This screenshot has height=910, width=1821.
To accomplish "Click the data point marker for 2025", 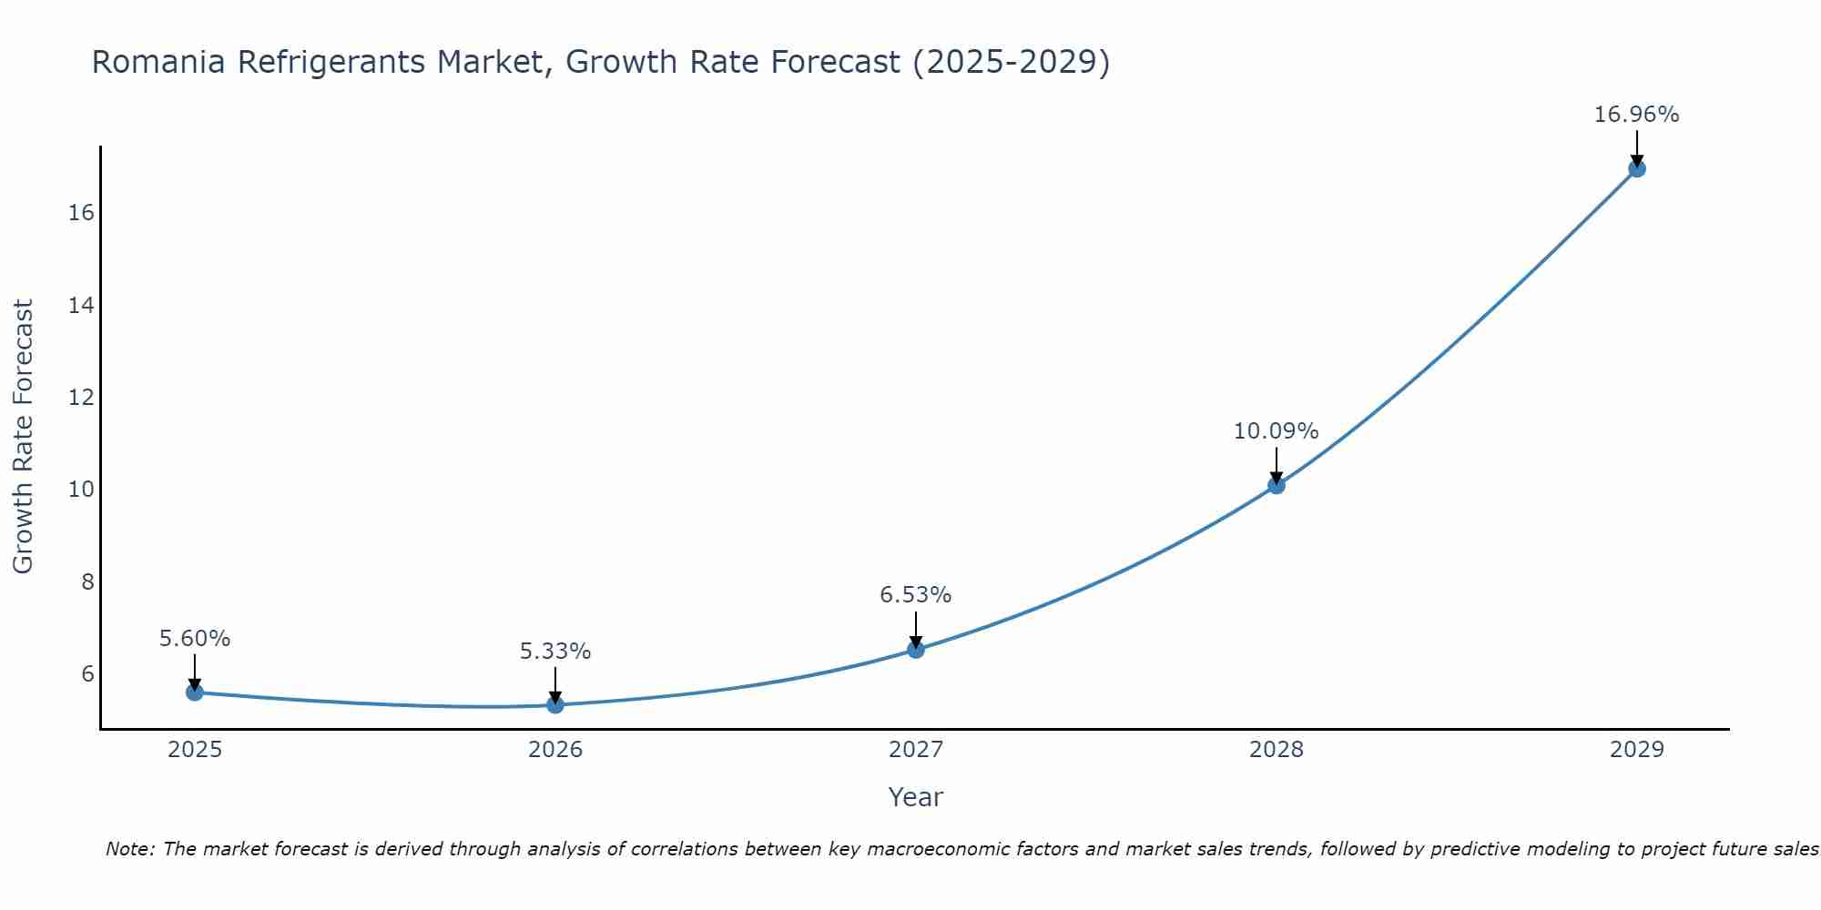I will click(x=195, y=693).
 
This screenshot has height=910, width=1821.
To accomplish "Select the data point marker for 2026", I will click(x=555, y=704).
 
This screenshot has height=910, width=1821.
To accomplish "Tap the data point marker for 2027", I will click(x=916, y=650).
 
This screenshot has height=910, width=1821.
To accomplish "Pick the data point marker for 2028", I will click(x=1277, y=486).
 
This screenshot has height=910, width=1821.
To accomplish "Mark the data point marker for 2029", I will click(x=1637, y=168).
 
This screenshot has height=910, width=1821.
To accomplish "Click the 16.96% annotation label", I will click(x=1636, y=115).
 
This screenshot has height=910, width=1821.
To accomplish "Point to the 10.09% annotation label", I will click(x=1276, y=431).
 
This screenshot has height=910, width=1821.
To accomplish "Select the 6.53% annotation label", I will click(x=915, y=595).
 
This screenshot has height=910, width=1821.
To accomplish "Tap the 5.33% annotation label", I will click(x=555, y=652).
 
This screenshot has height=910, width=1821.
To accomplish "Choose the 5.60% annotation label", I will click(x=195, y=639).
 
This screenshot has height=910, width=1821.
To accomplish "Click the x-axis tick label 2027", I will click(x=916, y=750).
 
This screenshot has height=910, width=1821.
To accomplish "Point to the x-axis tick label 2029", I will click(x=1637, y=750).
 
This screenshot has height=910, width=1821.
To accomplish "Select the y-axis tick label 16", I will click(x=81, y=213).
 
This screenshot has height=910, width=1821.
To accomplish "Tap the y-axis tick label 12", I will click(x=81, y=398).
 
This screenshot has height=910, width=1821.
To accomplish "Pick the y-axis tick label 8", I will click(x=87, y=582).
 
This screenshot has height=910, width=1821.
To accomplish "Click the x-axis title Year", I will click(x=915, y=797).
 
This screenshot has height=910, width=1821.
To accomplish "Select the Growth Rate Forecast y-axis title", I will click(x=23, y=437).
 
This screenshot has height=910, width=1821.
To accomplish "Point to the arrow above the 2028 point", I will click(x=1277, y=464).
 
